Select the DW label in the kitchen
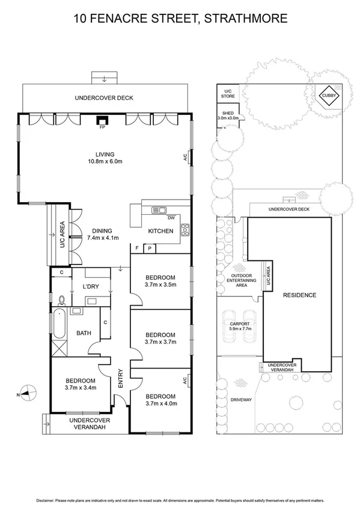pyautogui.click(x=171, y=218)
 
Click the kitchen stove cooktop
pyautogui.click(x=185, y=229)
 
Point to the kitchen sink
pyautogui.click(x=159, y=210)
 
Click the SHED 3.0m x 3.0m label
pyautogui.click(x=228, y=115)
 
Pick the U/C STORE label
pyautogui.click(x=227, y=93)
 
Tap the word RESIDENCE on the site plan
pyautogui.click(x=299, y=295)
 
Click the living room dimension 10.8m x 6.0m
pyautogui.click(x=105, y=161)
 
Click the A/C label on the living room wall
pyautogui.click(x=185, y=158)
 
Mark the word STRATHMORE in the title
pyautogui.click(x=246, y=19)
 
